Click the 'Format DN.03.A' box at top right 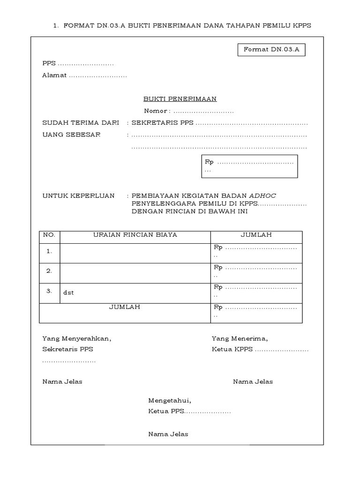(271, 49)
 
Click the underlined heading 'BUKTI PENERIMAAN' (180, 99)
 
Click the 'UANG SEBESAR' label (71, 135)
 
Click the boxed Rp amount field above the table (249, 166)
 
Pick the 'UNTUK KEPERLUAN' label (78, 195)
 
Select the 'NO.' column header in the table (49, 235)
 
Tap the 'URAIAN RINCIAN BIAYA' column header (135, 235)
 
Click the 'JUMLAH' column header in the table (256, 235)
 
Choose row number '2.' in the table (49, 271)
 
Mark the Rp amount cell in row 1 (256, 251)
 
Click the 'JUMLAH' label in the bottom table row (124, 307)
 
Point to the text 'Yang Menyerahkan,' (77, 338)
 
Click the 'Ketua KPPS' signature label (232, 349)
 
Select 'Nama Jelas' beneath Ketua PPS (168, 434)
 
